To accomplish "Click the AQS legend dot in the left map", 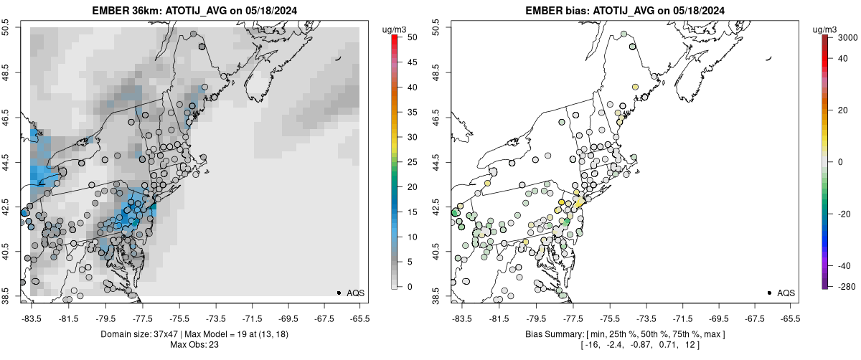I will [338, 293].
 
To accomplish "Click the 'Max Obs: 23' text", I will [194, 345].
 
